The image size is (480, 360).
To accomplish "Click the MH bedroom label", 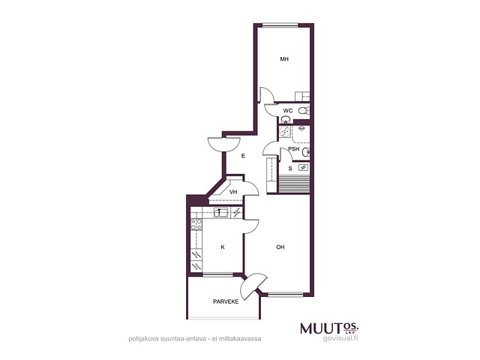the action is pyautogui.click(x=284, y=59).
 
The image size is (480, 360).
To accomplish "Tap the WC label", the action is pyautogui.click(x=288, y=111).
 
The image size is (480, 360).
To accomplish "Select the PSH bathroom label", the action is pyautogui.click(x=294, y=149).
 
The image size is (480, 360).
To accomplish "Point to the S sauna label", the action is pyautogui.click(x=290, y=168).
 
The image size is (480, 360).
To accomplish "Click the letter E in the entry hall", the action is pyautogui.click(x=243, y=156).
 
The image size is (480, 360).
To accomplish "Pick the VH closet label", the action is pyautogui.click(x=233, y=192).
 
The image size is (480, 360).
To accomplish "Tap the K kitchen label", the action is pyautogui.click(x=223, y=247).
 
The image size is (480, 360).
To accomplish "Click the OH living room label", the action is pyautogui.click(x=280, y=247).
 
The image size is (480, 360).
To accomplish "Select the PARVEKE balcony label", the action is pyautogui.click(x=226, y=301).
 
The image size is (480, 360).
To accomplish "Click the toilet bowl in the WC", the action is pyautogui.click(x=303, y=110).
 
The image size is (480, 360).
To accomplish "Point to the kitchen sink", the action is pyautogui.click(x=220, y=212).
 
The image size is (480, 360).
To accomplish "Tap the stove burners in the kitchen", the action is pyautogui.click(x=196, y=224).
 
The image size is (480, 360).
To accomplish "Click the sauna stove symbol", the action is pyautogui.click(x=303, y=167).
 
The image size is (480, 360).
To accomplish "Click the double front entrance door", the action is pyautogui.click(x=223, y=145).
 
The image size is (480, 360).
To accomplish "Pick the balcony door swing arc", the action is pyautogui.click(x=253, y=286).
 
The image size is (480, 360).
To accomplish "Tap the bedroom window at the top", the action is pyautogui.click(x=280, y=25).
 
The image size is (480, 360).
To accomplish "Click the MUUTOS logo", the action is pyautogui.click(x=329, y=328).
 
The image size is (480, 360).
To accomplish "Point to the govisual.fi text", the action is pyautogui.click(x=340, y=338).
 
